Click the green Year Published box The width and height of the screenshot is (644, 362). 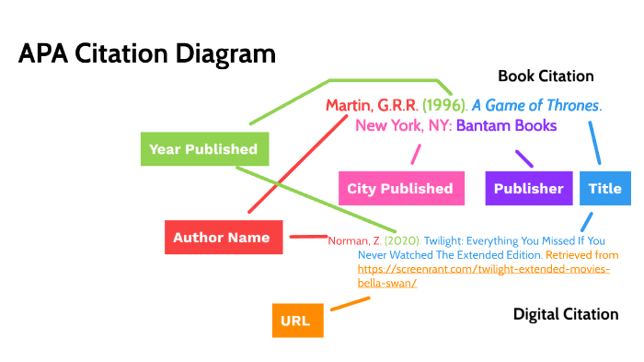pos(203,149)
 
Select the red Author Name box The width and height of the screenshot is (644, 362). pos(222,238)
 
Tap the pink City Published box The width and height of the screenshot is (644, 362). pos(399,189)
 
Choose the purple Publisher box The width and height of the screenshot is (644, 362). pos(528,189)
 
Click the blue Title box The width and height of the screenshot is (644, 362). pos(604,189)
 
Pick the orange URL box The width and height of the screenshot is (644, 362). pos(295,321)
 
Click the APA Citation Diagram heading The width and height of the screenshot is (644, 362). pos(147,53)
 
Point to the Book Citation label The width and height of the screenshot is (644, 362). pos(546,76)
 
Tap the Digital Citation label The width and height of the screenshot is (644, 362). pos(565,315)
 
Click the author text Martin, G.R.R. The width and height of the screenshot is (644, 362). pos(372,105)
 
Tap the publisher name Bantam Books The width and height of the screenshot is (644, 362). pos(506,125)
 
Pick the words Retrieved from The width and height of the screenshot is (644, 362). pos(581,254)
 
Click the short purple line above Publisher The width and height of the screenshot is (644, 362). pos(523,158)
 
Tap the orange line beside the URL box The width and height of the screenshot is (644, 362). pos(350,303)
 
